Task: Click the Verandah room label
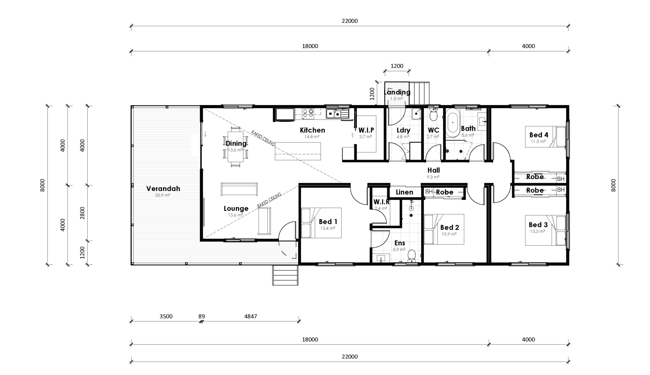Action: click(x=163, y=188)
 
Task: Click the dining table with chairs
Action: click(x=236, y=147)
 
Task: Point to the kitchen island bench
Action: click(x=298, y=151)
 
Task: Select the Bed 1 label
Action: click(x=328, y=221)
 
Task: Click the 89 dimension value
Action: click(x=202, y=316)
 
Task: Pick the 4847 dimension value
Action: click(x=250, y=316)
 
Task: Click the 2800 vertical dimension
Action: click(x=82, y=213)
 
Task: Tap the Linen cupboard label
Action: click(x=404, y=192)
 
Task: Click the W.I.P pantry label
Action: click(x=366, y=130)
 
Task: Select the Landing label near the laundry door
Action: click(x=397, y=92)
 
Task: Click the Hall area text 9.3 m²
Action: click(x=433, y=177)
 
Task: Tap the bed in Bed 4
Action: click(x=545, y=137)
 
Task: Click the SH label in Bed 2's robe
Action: click(x=429, y=191)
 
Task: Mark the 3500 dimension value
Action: click(x=166, y=316)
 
